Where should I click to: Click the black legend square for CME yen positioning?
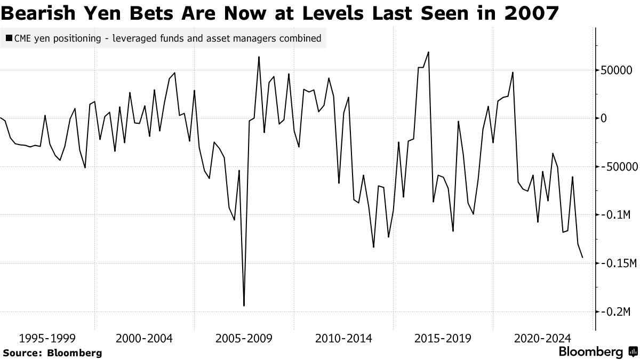(9, 38)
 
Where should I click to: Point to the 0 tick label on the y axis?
(604, 118)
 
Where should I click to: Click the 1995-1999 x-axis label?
(47, 338)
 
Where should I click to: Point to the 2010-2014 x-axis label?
(344, 338)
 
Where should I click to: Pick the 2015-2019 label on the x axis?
(443, 338)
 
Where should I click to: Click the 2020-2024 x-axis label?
(542, 338)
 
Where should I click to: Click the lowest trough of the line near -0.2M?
(244, 306)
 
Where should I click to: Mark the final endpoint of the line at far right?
(582, 258)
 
